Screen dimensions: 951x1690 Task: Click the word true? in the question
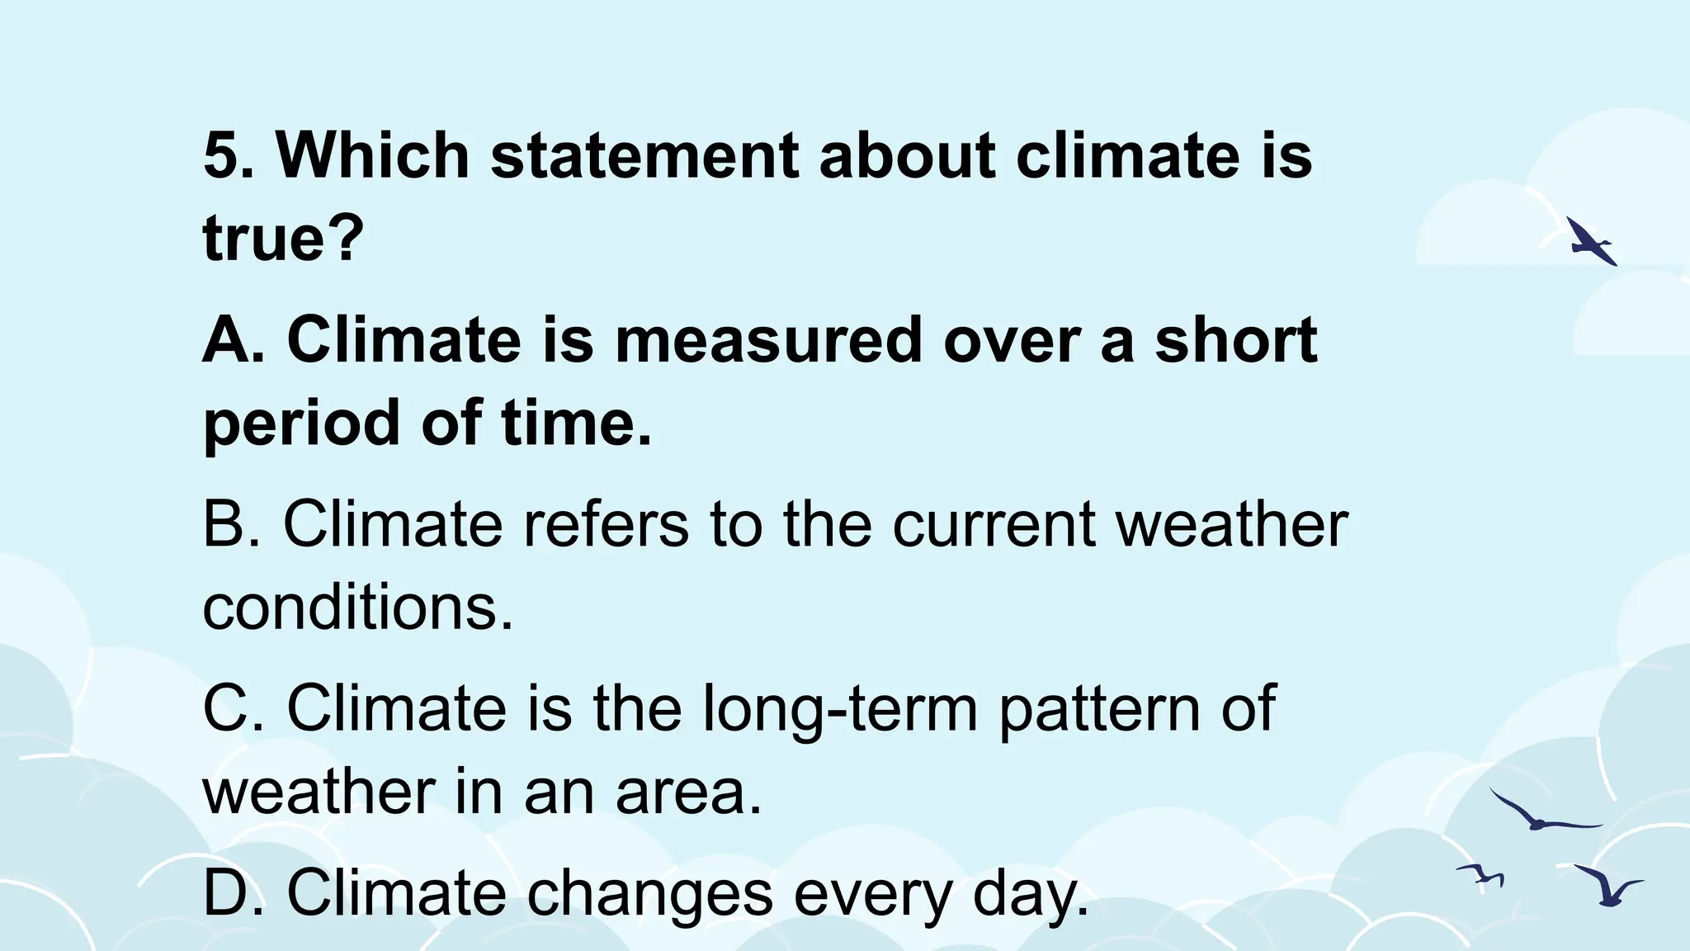click(283, 238)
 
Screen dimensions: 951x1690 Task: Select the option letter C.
click(229, 707)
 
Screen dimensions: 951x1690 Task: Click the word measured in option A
click(768, 339)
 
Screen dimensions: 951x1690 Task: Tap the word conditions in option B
click(351, 608)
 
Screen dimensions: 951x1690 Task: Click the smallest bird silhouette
click(1481, 875)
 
